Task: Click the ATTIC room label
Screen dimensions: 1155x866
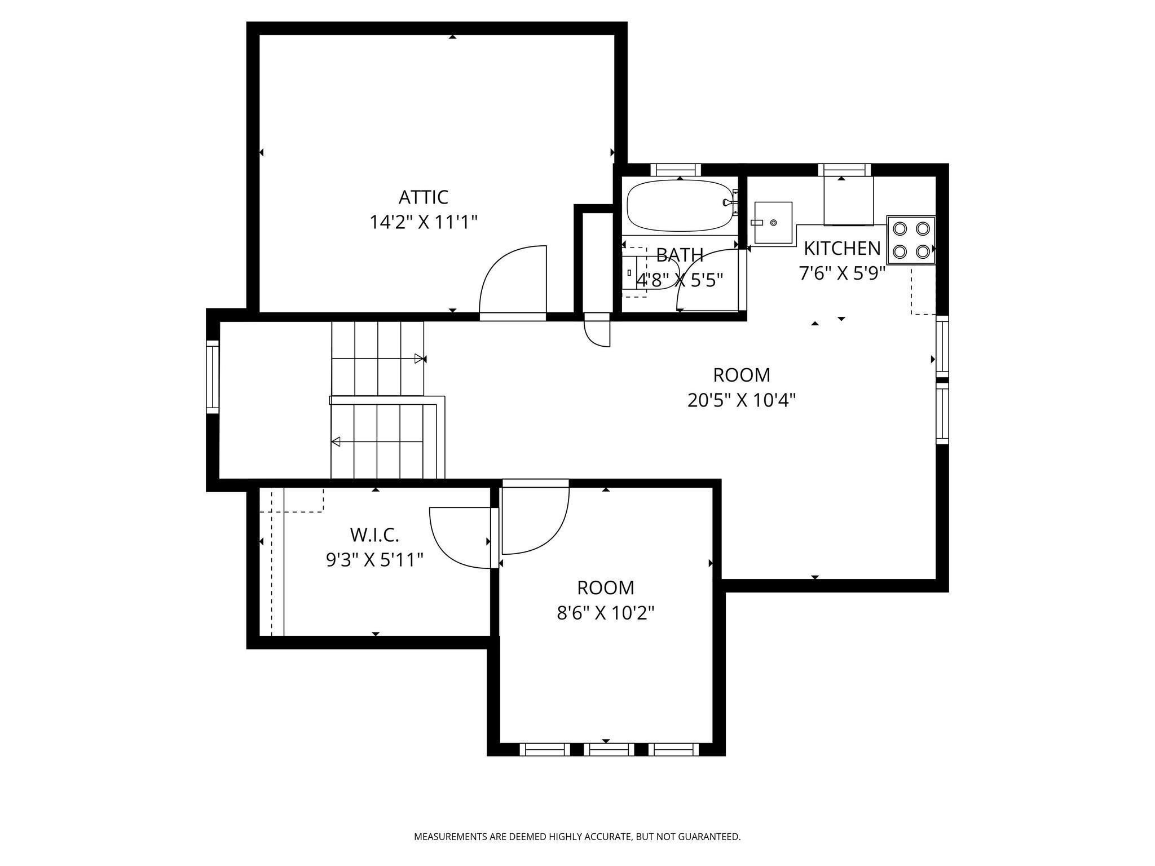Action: [x=423, y=197]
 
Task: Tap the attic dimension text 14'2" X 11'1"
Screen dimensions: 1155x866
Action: [x=423, y=222]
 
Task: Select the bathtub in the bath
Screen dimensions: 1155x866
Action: [x=681, y=205]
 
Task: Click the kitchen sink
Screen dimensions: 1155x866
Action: [x=773, y=223]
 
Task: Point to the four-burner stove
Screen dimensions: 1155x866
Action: [x=911, y=240]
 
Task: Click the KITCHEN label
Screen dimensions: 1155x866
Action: [x=842, y=248]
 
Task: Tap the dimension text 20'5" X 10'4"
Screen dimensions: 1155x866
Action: [x=742, y=400]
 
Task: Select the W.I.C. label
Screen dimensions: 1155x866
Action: [x=374, y=534]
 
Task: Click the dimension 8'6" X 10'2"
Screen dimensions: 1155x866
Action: [x=606, y=613]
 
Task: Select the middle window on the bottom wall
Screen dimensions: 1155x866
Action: [x=609, y=749]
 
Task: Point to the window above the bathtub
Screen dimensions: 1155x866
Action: [x=676, y=170]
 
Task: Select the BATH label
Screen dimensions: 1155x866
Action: [x=680, y=255]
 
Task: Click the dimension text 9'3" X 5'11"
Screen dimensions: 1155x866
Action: [x=375, y=560]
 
